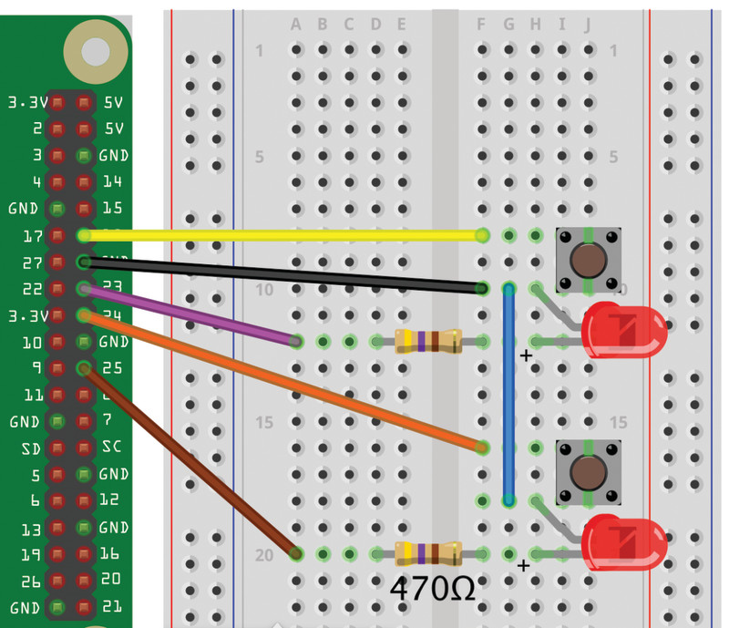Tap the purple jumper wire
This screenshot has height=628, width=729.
[191, 315]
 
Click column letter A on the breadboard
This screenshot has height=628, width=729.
[295, 24]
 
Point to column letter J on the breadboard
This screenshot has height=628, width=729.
[588, 24]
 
